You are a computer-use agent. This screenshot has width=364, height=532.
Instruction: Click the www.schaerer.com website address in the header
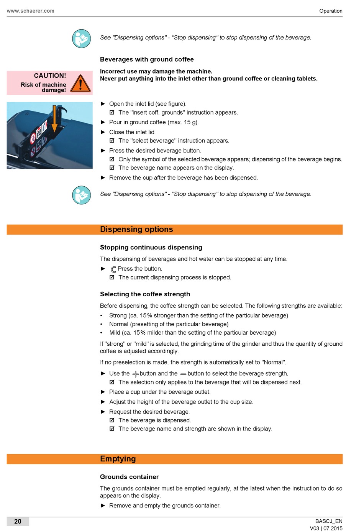30,11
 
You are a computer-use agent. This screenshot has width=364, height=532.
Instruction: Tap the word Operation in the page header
331,11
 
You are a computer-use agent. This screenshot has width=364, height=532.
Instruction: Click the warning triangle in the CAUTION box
80,83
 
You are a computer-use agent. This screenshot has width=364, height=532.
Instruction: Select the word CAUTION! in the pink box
50,76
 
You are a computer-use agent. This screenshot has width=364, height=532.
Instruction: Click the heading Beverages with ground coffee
147,59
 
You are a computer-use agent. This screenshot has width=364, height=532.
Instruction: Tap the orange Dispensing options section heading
136,229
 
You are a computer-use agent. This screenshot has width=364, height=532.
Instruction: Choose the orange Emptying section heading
118,459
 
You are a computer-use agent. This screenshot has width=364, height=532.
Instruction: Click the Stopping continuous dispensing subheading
151,247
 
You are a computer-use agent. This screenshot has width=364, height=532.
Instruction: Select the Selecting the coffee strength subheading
145,294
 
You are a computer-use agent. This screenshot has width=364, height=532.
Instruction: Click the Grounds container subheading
129,477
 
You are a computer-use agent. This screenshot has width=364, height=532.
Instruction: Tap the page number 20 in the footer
18,521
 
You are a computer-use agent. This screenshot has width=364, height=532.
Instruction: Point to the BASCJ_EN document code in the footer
328,521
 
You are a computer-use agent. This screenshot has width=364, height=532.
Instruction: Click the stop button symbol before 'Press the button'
113,269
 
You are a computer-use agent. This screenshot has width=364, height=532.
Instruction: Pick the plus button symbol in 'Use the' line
135,374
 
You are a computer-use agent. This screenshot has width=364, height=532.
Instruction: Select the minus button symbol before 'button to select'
183,374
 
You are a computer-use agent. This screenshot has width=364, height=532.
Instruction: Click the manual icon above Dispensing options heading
82,195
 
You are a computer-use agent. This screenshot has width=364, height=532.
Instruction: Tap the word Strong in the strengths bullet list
118,315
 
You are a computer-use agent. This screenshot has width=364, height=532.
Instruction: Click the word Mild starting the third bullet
115,333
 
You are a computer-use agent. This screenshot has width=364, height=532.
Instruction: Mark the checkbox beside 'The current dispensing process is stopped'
112,277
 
